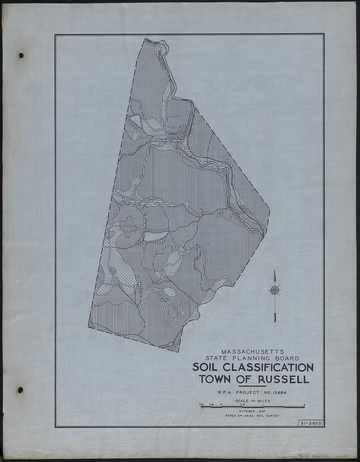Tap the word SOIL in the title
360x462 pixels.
pos(209,367)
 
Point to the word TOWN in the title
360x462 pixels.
pos(215,379)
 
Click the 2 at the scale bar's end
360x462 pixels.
pos(305,404)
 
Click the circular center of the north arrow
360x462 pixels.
pos(274,290)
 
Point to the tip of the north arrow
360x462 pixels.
pos(274,271)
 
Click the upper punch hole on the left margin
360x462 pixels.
pos(21,55)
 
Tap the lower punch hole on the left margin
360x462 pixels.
pos(21,390)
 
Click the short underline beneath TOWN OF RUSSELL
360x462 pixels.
pos(253,386)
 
